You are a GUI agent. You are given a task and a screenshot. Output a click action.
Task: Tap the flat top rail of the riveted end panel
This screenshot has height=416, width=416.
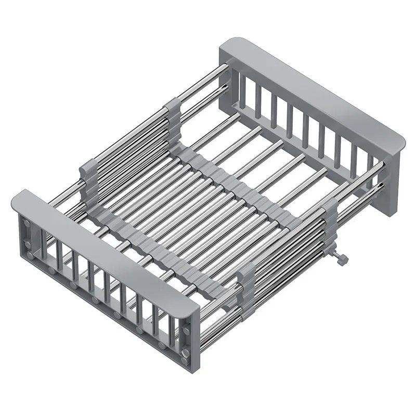click(104, 244)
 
